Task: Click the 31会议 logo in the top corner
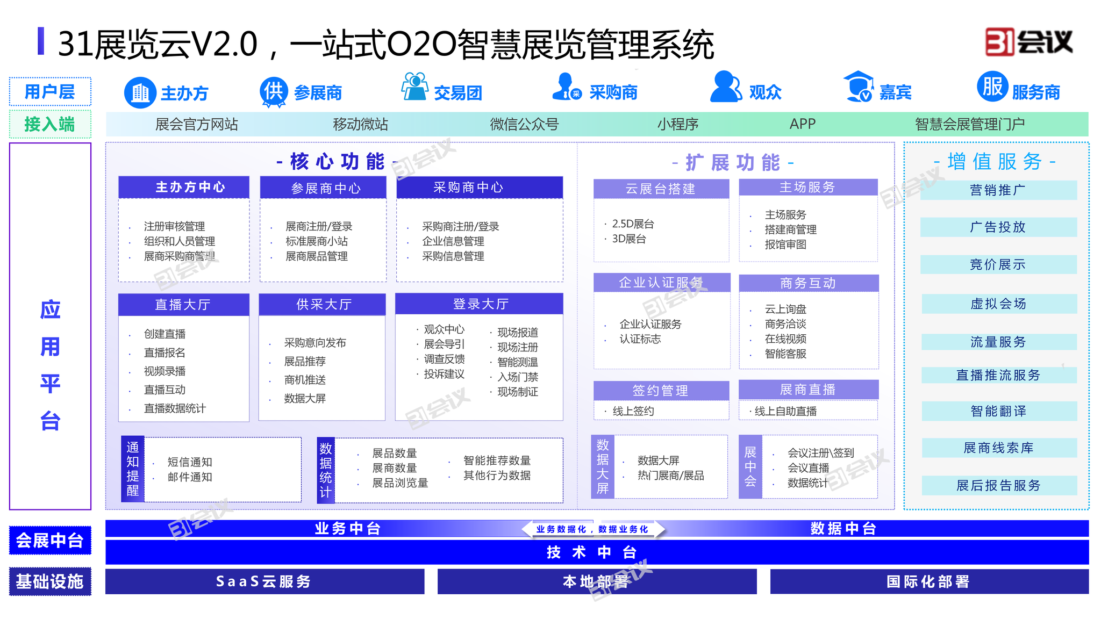1028,42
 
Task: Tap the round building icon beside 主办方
140,93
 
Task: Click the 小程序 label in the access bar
677,124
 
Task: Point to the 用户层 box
50,92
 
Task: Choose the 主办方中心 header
184,187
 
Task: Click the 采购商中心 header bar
480,188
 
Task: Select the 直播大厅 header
184,305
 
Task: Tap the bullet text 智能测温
517,362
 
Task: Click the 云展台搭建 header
661,189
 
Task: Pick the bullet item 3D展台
629,239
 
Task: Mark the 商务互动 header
809,283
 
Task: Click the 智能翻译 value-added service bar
999,411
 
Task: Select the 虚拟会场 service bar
999,304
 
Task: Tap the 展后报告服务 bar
999,486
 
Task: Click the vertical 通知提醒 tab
133,469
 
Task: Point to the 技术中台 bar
597,552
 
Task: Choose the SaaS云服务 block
264,581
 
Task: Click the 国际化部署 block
929,581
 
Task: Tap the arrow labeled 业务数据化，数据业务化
593,529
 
